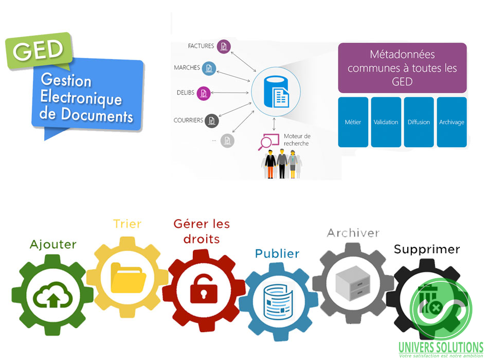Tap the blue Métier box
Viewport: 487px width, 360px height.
[x=353, y=122]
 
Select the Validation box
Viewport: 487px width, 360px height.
[x=386, y=122]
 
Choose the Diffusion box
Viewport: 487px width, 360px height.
[x=419, y=122]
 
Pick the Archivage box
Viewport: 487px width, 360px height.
[x=452, y=122]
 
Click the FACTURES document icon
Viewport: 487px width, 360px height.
[x=223, y=46]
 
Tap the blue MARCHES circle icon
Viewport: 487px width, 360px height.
[x=208, y=68]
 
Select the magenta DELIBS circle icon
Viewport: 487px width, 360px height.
[x=204, y=93]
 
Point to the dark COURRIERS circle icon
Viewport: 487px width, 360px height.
[x=210, y=121]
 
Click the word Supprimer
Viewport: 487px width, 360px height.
[x=426, y=249]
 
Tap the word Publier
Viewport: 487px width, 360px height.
[x=277, y=254]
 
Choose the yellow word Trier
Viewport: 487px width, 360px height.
[x=127, y=224]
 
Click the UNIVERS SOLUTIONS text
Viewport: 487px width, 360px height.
[x=441, y=347]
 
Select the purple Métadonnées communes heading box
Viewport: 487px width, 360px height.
[x=402, y=68]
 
